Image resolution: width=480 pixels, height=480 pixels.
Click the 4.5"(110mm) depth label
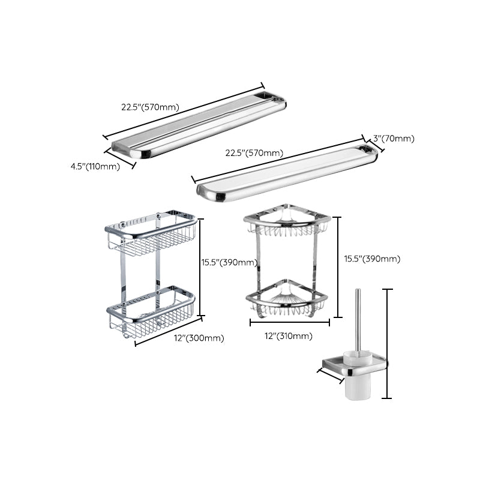[95, 166]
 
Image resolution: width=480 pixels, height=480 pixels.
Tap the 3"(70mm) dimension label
[394, 139]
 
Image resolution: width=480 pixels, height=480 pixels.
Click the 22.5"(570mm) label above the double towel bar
[150, 107]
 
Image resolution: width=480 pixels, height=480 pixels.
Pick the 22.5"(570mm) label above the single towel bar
[254, 153]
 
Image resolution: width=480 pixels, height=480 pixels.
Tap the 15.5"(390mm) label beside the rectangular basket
[229, 262]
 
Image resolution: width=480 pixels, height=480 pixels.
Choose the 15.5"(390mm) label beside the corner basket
[372, 259]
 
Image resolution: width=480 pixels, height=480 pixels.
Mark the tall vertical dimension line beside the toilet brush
[388, 343]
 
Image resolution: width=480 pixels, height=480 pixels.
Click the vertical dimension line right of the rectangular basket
[200, 267]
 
